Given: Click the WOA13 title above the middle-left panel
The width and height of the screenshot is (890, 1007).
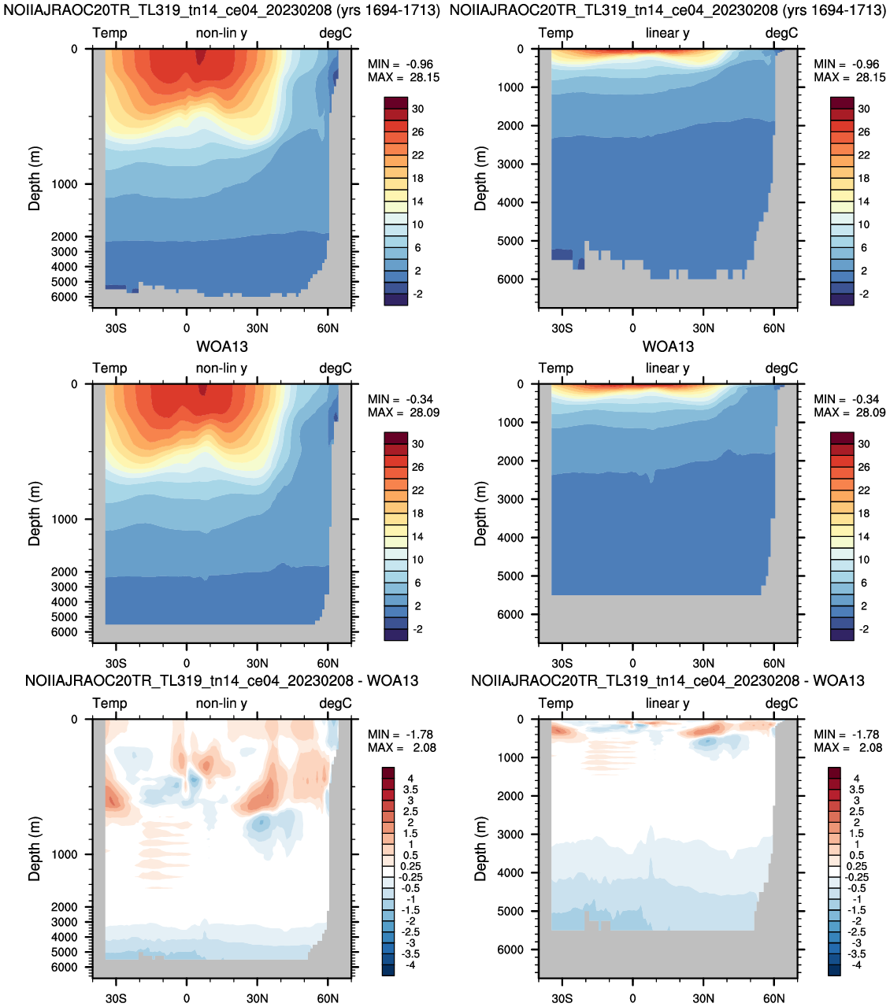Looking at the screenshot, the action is pos(222,346).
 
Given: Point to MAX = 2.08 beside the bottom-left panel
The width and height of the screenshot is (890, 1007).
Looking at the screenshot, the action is pos(402,747).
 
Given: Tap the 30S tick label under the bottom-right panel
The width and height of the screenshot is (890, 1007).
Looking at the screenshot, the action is pos(562,998).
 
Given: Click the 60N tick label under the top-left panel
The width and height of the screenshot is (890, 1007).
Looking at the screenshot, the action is pos(328,328).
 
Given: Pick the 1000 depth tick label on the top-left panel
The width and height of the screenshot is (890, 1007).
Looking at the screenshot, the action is pos(65,184).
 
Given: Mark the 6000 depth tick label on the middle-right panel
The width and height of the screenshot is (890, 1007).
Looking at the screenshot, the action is pos(510,615).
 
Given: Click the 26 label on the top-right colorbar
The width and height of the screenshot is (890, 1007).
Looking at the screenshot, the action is pos(864,132).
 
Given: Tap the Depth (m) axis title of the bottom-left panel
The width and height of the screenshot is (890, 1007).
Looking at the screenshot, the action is pos(34,849).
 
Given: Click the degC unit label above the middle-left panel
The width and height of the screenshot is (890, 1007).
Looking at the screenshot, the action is pos(335,368).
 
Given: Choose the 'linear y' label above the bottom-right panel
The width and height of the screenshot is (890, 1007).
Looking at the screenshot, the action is pos(667,703).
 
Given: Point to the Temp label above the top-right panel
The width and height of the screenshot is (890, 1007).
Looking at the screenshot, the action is pos(556,33).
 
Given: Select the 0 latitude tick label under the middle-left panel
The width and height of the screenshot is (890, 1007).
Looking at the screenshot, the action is pos(187,663).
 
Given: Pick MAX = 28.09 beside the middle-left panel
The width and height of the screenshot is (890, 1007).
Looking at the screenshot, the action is pos(404,413).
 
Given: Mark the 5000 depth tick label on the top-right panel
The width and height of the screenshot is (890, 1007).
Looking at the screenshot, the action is pos(510,241).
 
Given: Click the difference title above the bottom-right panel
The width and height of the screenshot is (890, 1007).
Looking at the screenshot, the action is pos(668,680).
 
